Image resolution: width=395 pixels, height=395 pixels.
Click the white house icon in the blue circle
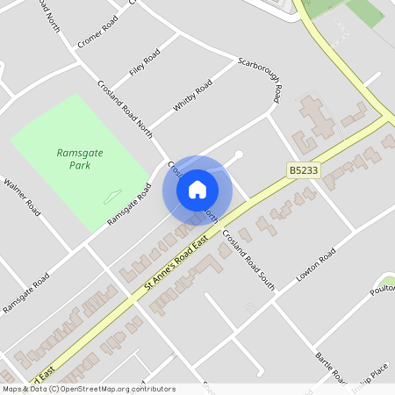click(x=197, y=189)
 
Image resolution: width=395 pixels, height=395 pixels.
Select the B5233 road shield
click(x=303, y=169)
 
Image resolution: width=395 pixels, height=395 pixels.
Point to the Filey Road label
click(x=145, y=62)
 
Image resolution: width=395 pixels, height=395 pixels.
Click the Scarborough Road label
click(x=261, y=78)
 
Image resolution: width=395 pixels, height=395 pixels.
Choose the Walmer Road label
click(x=22, y=197)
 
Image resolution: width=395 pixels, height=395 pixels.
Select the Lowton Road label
click(x=316, y=266)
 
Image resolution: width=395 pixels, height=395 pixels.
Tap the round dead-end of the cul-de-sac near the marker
click(x=239, y=155)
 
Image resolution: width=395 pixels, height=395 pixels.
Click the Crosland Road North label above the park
click(x=126, y=111)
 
